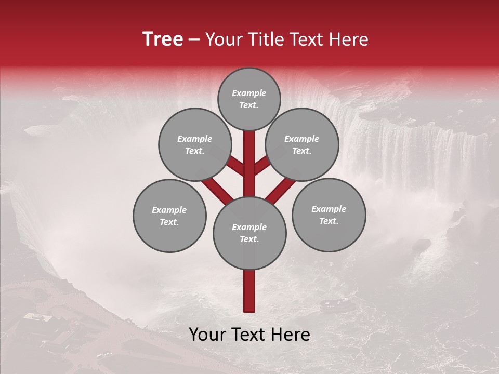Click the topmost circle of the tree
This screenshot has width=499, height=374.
click(x=249, y=99)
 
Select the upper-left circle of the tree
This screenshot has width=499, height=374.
click(x=195, y=145)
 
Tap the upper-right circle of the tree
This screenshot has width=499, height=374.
click(x=302, y=145)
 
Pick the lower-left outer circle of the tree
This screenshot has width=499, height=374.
click(x=169, y=216)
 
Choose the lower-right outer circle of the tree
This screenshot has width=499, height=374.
click(x=329, y=215)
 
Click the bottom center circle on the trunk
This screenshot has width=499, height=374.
click(x=249, y=233)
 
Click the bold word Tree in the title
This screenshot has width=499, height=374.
click(x=163, y=39)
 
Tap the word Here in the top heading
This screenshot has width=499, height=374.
click(x=349, y=39)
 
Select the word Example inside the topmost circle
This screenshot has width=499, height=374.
click(x=249, y=94)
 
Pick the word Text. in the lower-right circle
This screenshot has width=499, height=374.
click(x=329, y=221)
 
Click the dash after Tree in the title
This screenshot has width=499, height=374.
click(x=194, y=39)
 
